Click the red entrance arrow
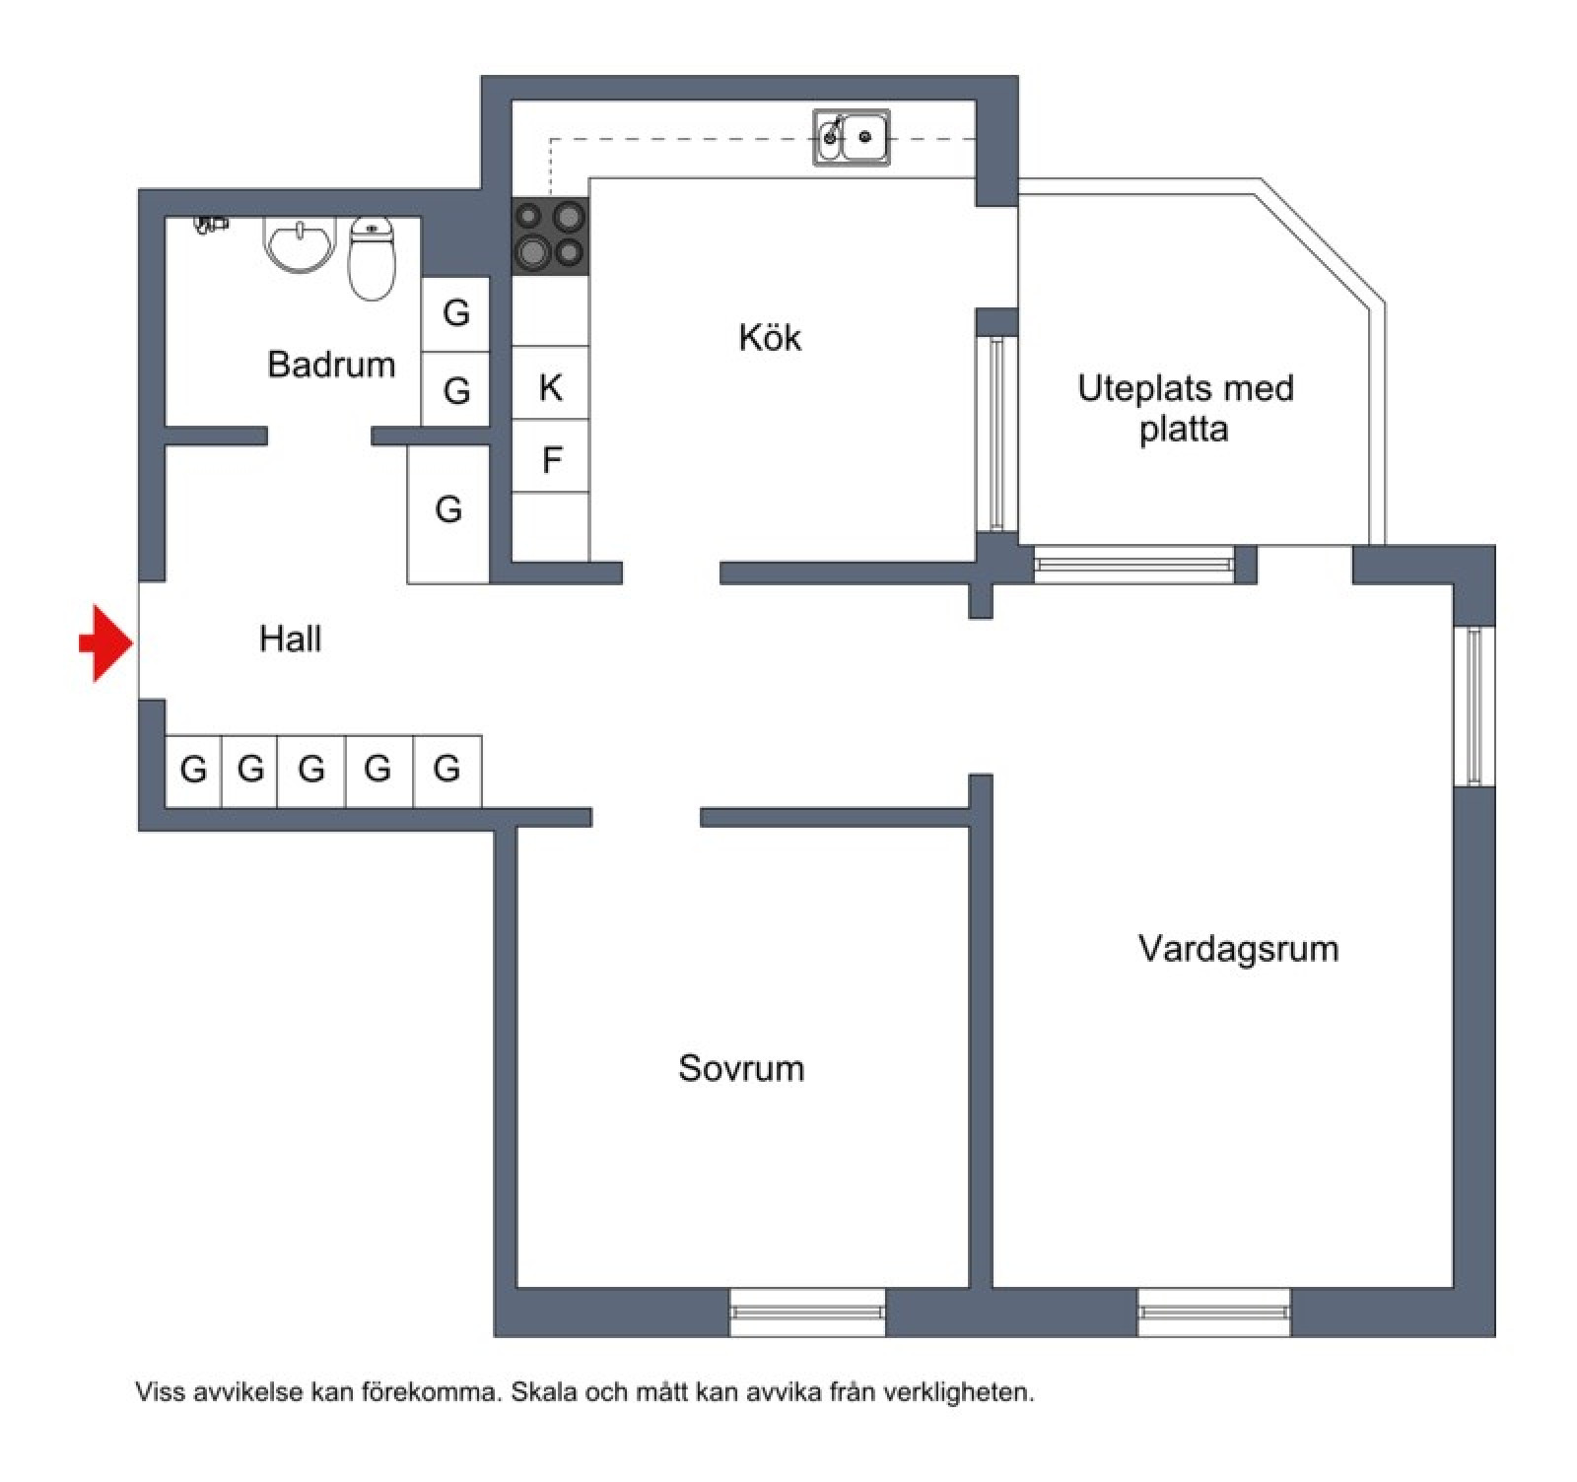tap(106, 643)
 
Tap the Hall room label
tap(290, 639)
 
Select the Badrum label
tap(331, 365)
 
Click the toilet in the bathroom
tap(372, 258)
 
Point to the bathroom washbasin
tap(300, 244)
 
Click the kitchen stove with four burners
tap(550, 236)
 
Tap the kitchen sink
tap(852, 138)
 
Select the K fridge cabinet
tap(550, 383)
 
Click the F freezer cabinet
tap(550, 457)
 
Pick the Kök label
tap(770, 338)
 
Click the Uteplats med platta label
tap(1185, 408)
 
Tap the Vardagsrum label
tap(1238, 948)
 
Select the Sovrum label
tap(741, 1068)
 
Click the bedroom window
tap(807, 1312)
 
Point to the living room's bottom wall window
tap(1214, 1312)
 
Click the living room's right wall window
tap(1474, 706)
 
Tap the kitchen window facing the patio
tap(996, 434)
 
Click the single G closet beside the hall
tap(448, 511)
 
